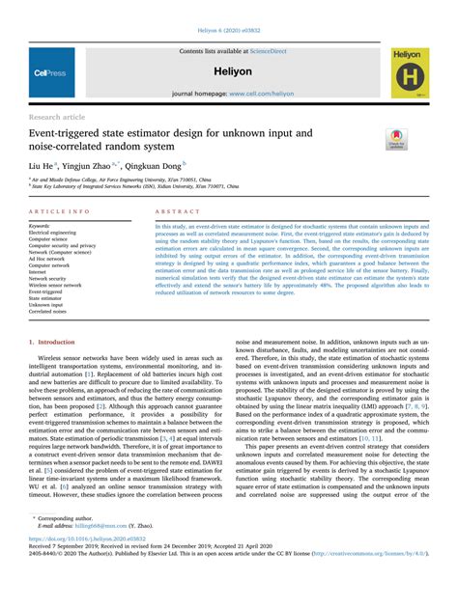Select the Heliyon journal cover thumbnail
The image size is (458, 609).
click(x=411, y=72)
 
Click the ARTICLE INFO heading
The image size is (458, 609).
click(x=60, y=209)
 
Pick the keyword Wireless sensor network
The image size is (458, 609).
click(x=55, y=286)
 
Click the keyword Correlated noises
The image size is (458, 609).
click(x=47, y=313)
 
